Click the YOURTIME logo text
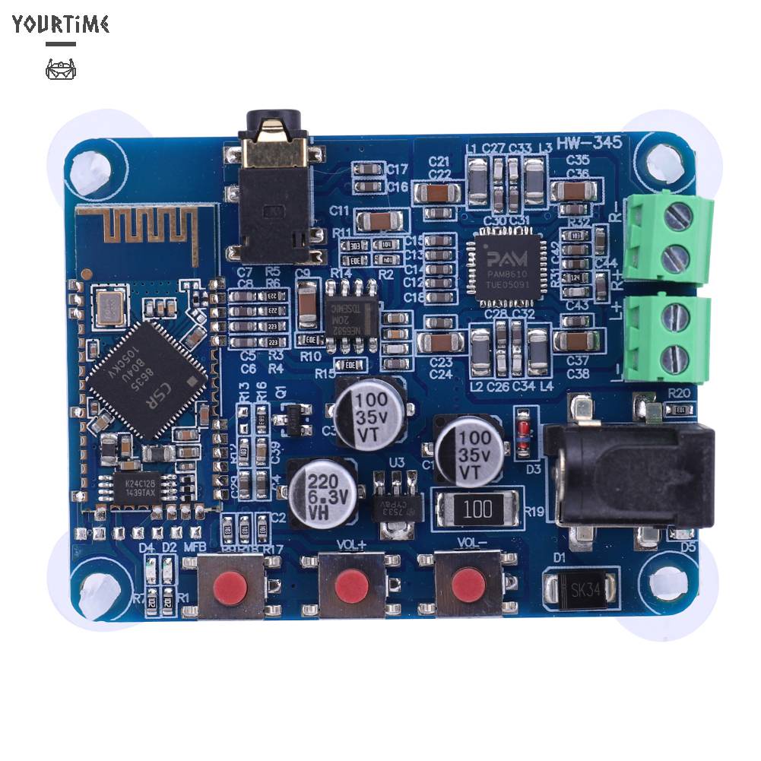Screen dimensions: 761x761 (61, 24)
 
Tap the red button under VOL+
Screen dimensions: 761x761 (350, 585)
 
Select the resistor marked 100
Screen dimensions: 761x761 (478, 508)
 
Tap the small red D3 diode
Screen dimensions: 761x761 (522, 433)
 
